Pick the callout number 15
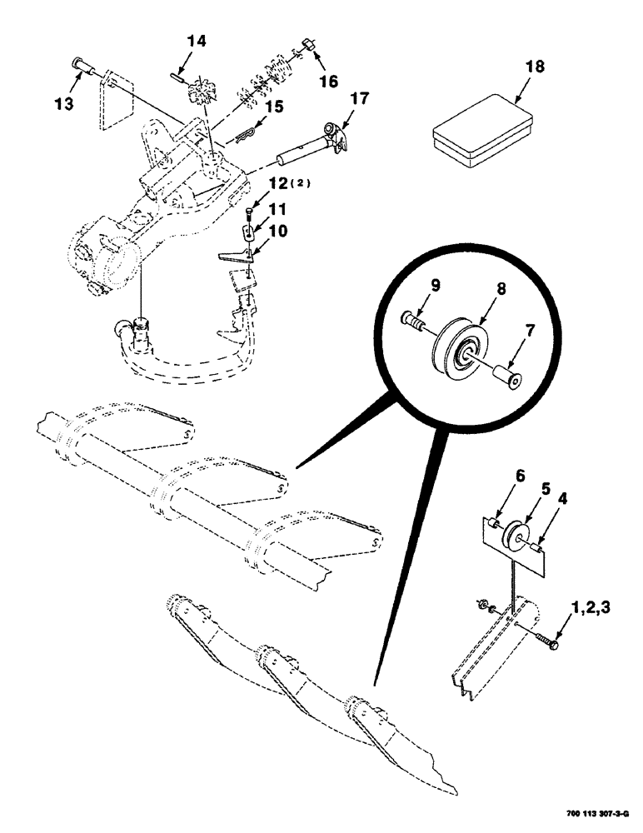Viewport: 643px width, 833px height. coord(274,107)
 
